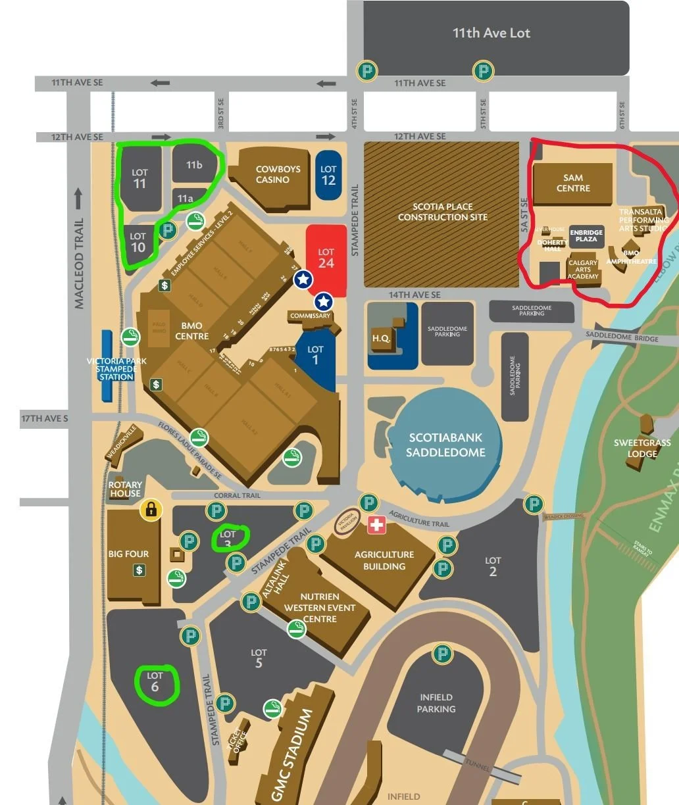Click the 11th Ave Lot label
491,33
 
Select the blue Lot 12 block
328,175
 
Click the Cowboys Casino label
278,174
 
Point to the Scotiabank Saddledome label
445,445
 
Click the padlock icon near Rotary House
151,509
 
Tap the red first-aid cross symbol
376,525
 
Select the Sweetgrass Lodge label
641,448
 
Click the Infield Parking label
436,703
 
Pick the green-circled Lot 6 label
155,682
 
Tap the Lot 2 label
493,566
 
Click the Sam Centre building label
573,183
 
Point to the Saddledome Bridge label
622,337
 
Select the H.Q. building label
381,338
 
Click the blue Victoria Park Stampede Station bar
107,366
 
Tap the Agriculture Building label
384,560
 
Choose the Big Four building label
128,554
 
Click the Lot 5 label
259,658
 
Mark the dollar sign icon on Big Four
139,570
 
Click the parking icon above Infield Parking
442,654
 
